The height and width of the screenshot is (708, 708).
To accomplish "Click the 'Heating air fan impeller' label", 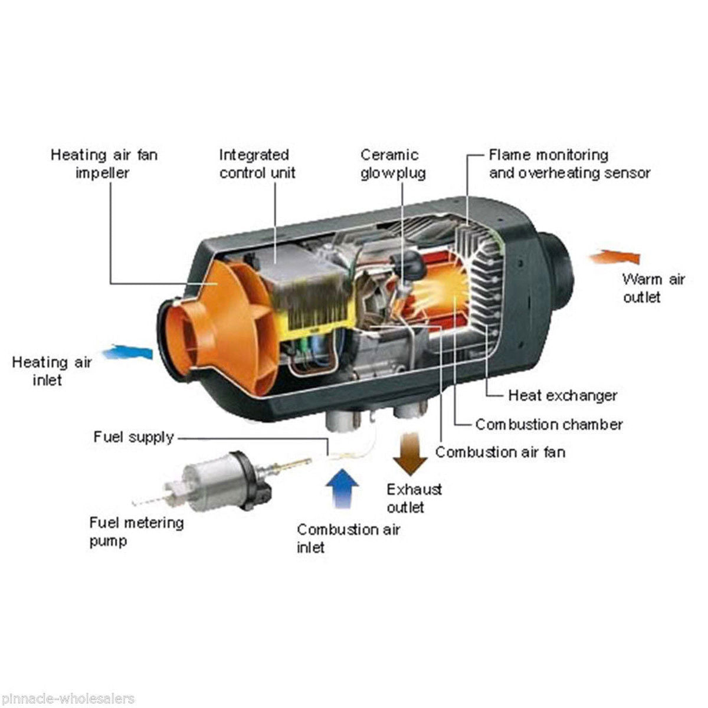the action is point(104,164).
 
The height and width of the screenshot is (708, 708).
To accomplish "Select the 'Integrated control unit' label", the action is point(257,164).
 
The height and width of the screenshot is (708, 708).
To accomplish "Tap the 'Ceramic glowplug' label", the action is point(392,165).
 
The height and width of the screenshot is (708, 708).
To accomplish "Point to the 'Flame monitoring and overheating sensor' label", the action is point(569,164).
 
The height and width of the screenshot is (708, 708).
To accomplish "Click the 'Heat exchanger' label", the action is point(562,395).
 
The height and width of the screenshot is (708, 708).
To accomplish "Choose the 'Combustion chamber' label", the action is point(549,424).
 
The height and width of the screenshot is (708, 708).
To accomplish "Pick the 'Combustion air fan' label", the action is point(500,452).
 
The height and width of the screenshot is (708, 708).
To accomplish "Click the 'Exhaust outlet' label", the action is point(414,498).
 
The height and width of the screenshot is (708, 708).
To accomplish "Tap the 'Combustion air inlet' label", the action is point(348,539).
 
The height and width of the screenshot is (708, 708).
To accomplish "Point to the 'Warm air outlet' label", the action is point(654,288).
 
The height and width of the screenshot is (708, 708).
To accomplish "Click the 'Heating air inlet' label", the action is point(52,371).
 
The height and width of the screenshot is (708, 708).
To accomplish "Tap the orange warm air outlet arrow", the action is point(614,257).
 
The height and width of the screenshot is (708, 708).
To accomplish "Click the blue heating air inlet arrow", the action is point(127,352).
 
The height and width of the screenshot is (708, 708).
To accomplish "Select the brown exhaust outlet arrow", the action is point(411,454).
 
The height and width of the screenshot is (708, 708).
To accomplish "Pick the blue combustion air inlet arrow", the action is point(342,489).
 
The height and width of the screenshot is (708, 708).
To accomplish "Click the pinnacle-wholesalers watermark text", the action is point(67,699).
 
